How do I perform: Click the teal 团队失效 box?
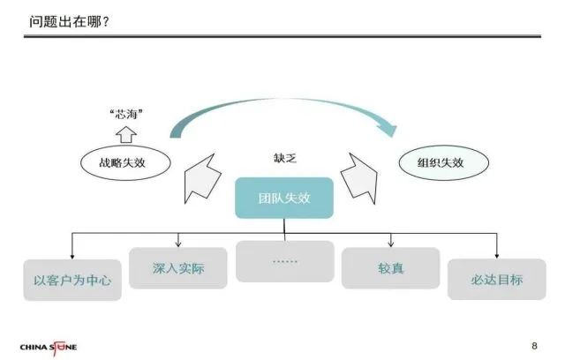[284, 198]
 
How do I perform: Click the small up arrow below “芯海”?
[125, 133]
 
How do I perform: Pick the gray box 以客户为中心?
[72, 281]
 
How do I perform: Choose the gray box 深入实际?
[178, 267]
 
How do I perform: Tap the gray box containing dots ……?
[284, 262]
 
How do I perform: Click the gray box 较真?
[390, 267]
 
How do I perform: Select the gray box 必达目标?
[497, 280]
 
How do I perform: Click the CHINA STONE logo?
[48, 346]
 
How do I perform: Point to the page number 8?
[534, 344]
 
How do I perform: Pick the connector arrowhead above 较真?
[390, 244]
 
